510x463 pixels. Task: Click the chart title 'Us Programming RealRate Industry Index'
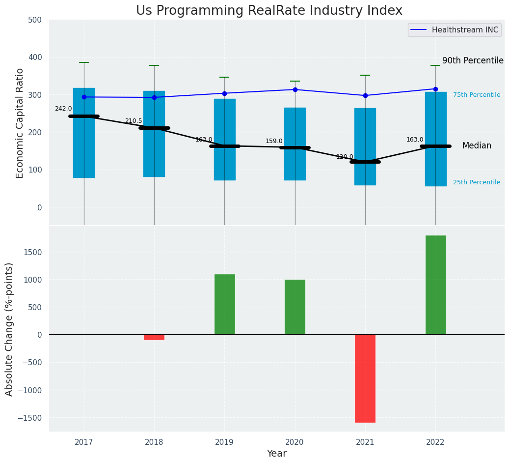coord(269,11)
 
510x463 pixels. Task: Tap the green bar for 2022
coord(435,285)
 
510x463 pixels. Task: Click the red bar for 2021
coord(365,378)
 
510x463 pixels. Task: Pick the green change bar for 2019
coord(224,304)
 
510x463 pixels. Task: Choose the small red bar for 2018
coord(154,337)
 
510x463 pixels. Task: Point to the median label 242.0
coord(63,109)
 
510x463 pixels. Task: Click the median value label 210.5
coord(134,121)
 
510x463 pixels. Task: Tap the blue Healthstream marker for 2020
coord(295,89)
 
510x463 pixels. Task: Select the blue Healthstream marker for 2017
coord(84,97)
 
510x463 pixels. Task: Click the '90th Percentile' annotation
coord(473,61)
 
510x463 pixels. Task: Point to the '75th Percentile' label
coord(477,95)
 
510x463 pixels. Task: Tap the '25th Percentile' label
coord(477,182)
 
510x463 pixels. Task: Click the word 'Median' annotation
coord(477,146)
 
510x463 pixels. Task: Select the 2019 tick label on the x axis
coord(224,442)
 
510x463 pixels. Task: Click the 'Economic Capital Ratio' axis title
coord(20,122)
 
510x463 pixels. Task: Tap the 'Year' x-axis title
coord(277,454)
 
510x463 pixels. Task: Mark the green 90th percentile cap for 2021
coord(365,75)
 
